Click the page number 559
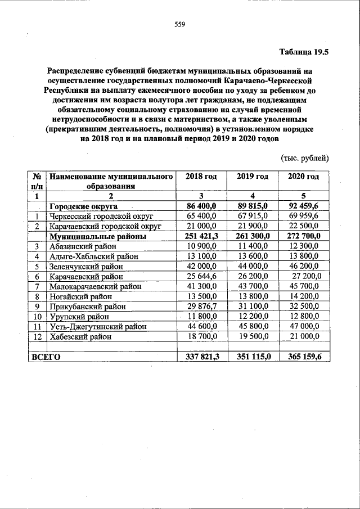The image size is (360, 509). pos(179,24)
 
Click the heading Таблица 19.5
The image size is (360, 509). pos(304,52)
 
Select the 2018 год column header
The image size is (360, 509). pos(201,177)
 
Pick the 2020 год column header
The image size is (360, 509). pos(303,177)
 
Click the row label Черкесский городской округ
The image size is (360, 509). pos(101,216)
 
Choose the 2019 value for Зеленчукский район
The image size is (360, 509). pos(253,267)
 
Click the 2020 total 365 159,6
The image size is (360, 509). pos(304,357)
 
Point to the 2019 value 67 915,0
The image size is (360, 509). pos(253,216)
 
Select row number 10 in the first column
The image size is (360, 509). pos(37,317)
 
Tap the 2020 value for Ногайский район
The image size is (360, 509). pos(303,296)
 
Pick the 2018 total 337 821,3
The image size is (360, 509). pos(201,357)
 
